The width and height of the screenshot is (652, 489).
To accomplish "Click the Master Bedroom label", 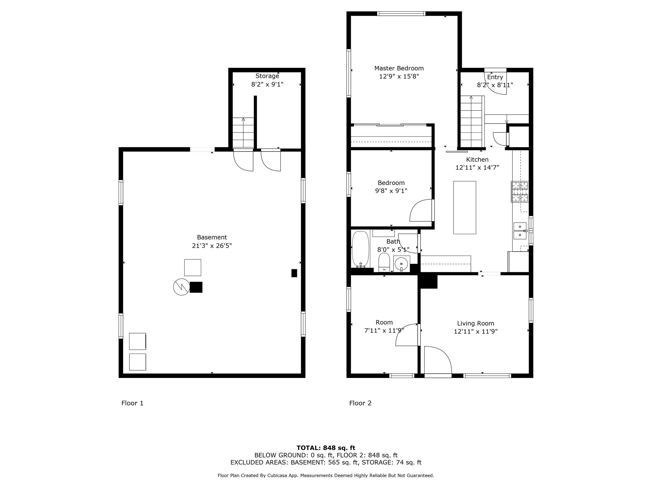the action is (x=399, y=68).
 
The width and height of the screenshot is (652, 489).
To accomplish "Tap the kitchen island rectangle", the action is (x=465, y=208).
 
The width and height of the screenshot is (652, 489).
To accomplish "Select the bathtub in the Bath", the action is (x=360, y=249).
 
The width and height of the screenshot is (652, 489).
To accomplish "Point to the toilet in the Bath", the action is (x=384, y=262).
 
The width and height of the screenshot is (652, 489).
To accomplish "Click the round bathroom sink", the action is (x=401, y=264).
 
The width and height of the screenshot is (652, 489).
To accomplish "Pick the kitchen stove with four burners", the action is (x=520, y=192).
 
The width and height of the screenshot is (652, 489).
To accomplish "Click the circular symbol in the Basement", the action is (x=181, y=287).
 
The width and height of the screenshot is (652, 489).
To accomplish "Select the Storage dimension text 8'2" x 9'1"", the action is (x=267, y=85).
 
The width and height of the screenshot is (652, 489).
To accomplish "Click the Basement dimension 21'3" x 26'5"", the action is (x=212, y=246).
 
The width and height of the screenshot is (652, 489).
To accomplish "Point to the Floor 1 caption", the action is (x=132, y=403).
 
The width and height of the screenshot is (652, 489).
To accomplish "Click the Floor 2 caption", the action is (x=360, y=403).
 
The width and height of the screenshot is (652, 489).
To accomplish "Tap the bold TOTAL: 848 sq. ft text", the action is (x=326, y=448).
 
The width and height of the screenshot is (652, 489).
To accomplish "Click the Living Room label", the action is (x=476, y=323).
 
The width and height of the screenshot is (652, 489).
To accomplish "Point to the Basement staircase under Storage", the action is (x=243, y=133).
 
